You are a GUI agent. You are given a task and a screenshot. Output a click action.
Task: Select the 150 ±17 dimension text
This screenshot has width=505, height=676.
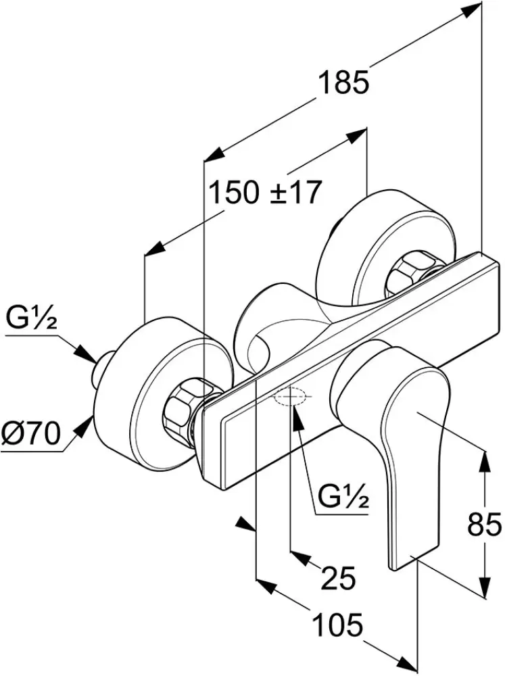[x=264, y=194]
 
